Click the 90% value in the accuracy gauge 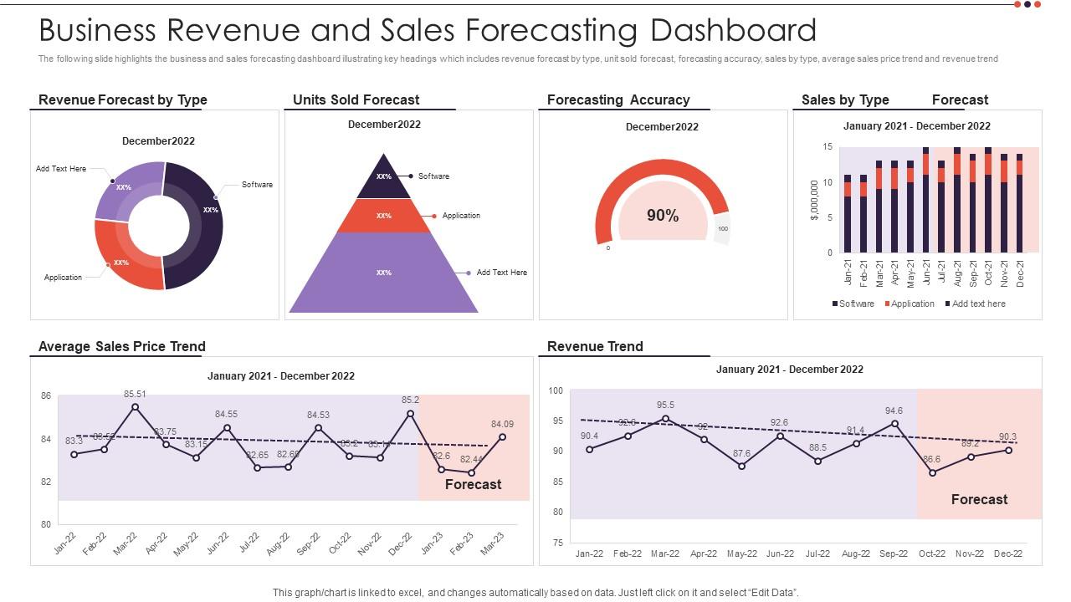(x=663, y=216)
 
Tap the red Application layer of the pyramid (x=384, y=216)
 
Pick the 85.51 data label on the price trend (x=135, y=394)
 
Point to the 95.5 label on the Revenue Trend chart (x=666, y=405)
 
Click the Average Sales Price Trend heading (x=122, y=346)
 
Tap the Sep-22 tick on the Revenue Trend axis (x=894, y=554)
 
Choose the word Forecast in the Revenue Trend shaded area (x=979, y=499)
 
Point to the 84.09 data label (x=502, y=424)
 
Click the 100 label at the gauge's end (x=723, y=228)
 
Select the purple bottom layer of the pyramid (x=384, y=273)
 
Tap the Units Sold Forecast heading (x=356, y=99)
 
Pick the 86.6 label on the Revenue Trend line (x=932, y=459)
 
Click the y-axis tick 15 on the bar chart (x=828, y=147)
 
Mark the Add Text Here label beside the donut (x=61, y=169)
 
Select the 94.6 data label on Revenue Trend (x=894, y=411)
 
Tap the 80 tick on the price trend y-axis (x=46, y=525)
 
